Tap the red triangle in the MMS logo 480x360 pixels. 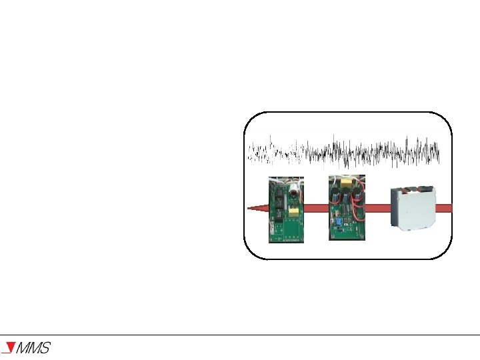[9, 347]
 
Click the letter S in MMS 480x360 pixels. [44, 348]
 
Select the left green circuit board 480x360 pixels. [286, 210]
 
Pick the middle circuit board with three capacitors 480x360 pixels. [347, 207]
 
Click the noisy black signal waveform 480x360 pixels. [343, 151]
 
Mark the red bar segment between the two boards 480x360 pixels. [316, 208]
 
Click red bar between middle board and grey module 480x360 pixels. [378, 208]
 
